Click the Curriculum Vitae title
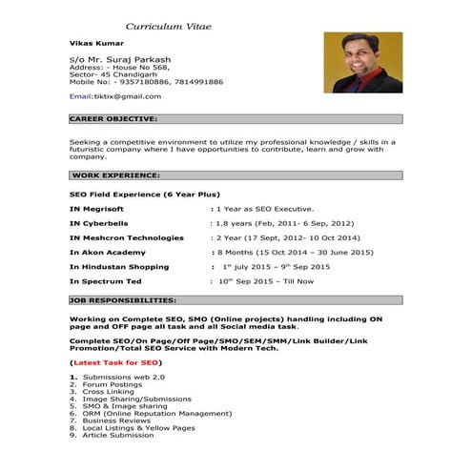[168, 25]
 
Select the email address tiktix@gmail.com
[127, 96]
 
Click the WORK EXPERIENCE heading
[116, 176]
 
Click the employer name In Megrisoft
[96, 208]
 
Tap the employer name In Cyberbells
[98, 222]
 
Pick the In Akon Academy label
[108, 252]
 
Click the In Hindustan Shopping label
[119, 267]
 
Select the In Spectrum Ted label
[106, 282]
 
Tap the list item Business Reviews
[116, 421]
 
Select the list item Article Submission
[118, 435]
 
